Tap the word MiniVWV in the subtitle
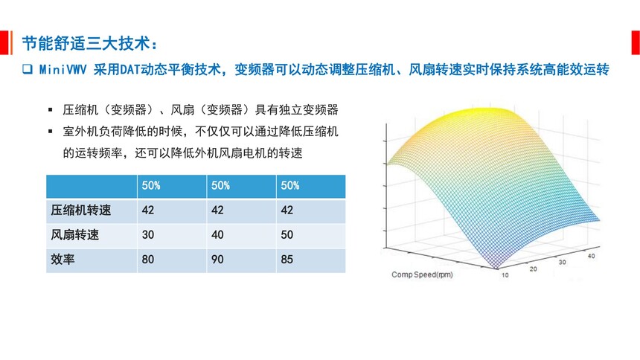click(x=63, y=70)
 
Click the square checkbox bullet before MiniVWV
click(x=28, y=69)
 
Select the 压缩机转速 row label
click(x=81, y=210)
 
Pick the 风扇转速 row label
click(x=74, y=235)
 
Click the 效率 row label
click(x=63, y=259)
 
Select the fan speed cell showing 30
click(x=172, y=235)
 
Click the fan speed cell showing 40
click(x=241, y=235)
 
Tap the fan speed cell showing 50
click(x=311, y=235)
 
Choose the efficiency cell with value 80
click(x=172, y=260)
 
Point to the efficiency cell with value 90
click(x=241, y=260)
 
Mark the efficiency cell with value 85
click(x=311, y=260)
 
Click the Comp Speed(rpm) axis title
click(x=422, y=274)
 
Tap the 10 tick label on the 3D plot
click(x=505, y=275)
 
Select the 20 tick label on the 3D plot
click(x=533, y=269)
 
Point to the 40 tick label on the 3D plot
click(x=591, y=256)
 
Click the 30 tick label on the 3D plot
click(x=562, y=262)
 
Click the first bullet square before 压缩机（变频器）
click(x=50, y=109)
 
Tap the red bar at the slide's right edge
click(x=636, y=42)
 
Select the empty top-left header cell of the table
click(x=92, y=187)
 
